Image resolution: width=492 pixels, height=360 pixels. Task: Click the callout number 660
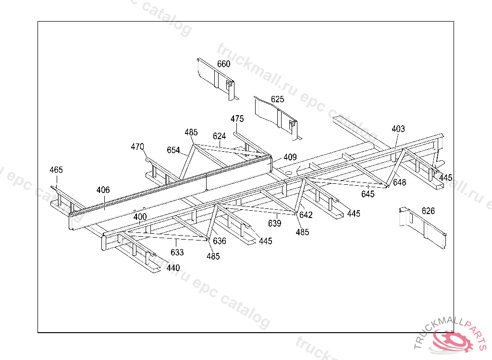[223, 64]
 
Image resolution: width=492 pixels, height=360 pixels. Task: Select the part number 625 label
[277, 99]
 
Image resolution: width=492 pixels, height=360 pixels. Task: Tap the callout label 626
[428, 211]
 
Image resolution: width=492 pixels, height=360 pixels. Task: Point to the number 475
[237, 119]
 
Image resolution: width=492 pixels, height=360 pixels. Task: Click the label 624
[219, 136]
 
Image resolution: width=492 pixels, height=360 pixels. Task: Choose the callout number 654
[173, 150]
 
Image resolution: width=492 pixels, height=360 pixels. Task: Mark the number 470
[137, 147]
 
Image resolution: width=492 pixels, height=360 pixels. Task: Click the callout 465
[56, 170]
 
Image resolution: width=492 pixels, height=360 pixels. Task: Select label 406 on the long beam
[103, 190]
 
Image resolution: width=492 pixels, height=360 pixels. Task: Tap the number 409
[290, 157]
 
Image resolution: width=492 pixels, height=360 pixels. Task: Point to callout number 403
[398, 129]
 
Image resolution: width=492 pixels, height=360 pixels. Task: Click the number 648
[399, 182]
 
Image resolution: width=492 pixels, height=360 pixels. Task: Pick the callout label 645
[368, 194]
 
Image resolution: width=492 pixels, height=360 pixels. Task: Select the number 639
[275, 223]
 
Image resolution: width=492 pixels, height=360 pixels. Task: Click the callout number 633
[177, 252]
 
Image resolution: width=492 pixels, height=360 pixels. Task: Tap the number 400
[140, 217]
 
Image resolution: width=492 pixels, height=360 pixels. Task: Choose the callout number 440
[173, 268]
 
